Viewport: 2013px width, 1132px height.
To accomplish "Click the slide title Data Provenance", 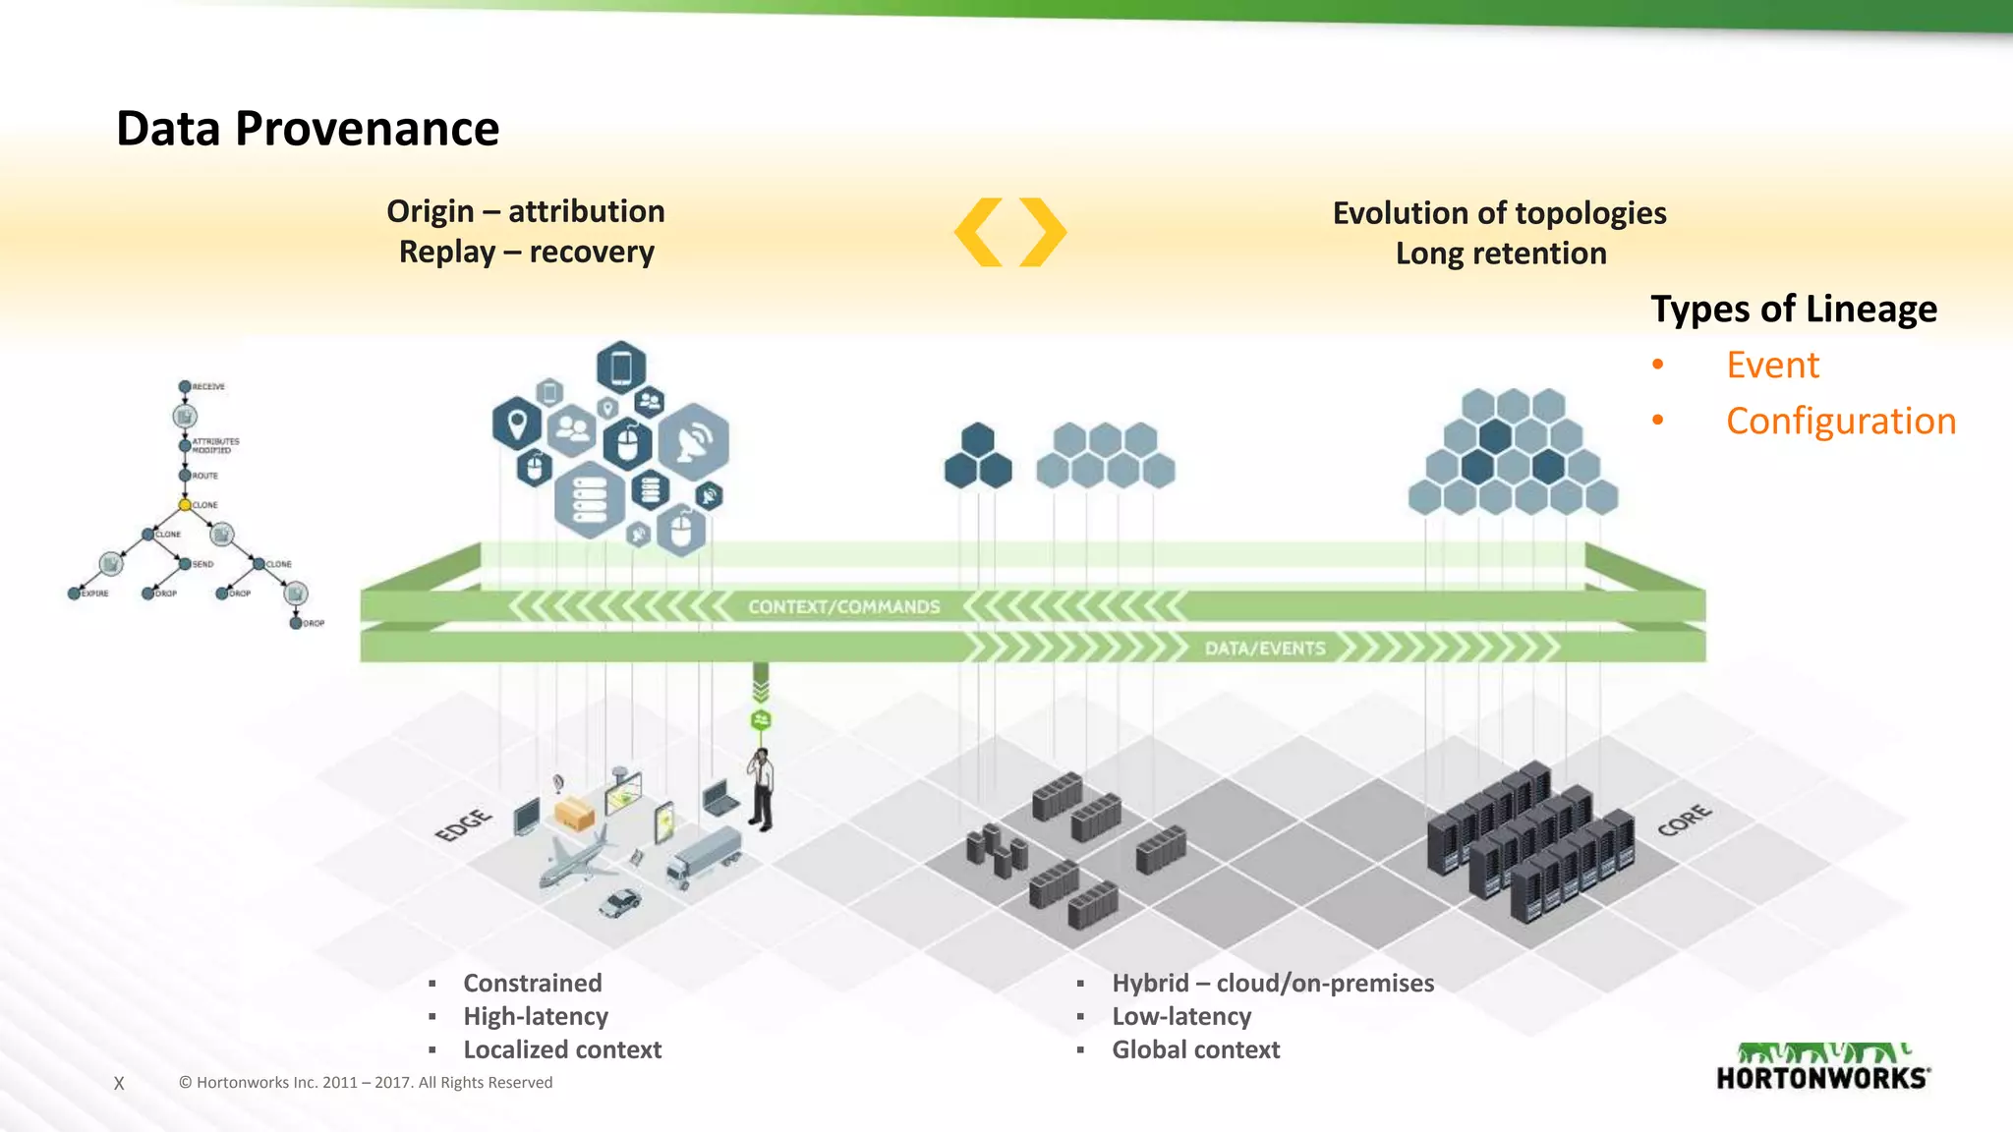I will (x=308, y=129).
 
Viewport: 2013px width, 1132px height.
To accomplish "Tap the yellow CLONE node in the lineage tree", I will (x=184, y=505).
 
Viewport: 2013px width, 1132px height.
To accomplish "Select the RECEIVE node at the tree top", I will (x=185, y=386).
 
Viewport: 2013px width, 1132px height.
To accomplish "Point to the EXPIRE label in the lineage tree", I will (x=95, y=594).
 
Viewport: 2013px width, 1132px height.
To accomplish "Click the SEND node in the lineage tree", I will (x=185, y=564).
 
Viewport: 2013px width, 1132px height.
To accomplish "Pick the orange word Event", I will (x=1772, y=365).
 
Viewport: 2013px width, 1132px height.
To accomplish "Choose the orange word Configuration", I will (x=1840, y=421).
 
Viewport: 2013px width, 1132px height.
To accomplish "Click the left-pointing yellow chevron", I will (x=979, y=232).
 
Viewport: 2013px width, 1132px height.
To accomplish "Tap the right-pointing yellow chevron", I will (x=1042, y=232).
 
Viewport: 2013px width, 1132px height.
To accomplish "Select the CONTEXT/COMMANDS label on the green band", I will (x=843, y=607).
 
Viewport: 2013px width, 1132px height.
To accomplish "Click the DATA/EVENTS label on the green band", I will (x=1265, y=649).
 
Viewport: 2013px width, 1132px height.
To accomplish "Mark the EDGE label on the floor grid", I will (x=463, y=824).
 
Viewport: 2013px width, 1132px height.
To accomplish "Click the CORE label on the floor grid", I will (x=1684, y=820).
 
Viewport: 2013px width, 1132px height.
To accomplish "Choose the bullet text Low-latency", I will (x=1181, y=1016).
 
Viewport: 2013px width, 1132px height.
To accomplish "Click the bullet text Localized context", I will (x=562, y=1049).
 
